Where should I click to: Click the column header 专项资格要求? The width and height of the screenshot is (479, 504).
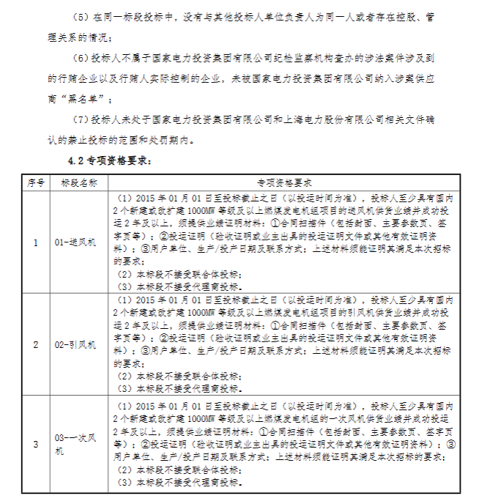click(284, 182)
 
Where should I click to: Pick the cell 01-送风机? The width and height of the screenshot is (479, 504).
click(75, 241)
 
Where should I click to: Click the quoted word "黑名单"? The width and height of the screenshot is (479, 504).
click(90, 98)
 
